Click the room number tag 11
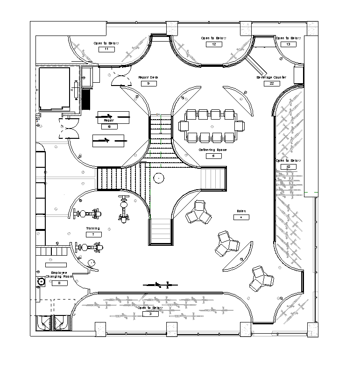[106, 49]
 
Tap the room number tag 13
[288, 44]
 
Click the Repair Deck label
[148, 78]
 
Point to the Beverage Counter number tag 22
[271, 84]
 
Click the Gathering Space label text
[212, 150]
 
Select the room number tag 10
[288, 166]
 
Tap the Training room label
[93, 229]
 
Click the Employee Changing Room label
[56, 275]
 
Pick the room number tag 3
[150, 314]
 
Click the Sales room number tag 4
[241, 217]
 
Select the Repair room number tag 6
[109, 126]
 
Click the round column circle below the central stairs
[159, 178]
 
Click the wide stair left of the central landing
[114, 179]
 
